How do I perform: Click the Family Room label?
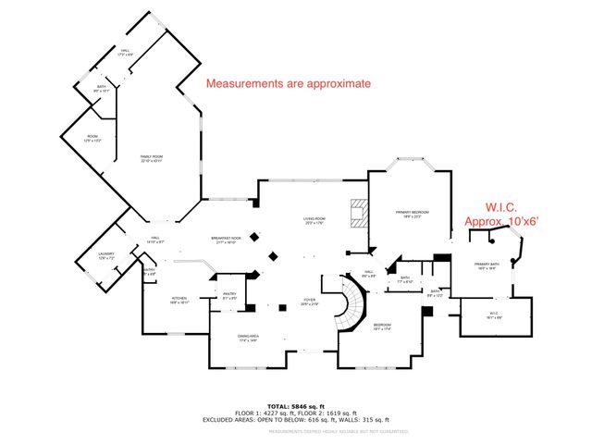tap(151, 158)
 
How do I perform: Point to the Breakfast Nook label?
tap(226, 240)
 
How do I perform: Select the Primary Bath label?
tap(487, 267)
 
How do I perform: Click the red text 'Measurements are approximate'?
tap(288, 83)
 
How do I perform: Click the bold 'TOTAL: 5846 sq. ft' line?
tap(296, 406)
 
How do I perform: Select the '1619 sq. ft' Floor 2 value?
tap(338, 413)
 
